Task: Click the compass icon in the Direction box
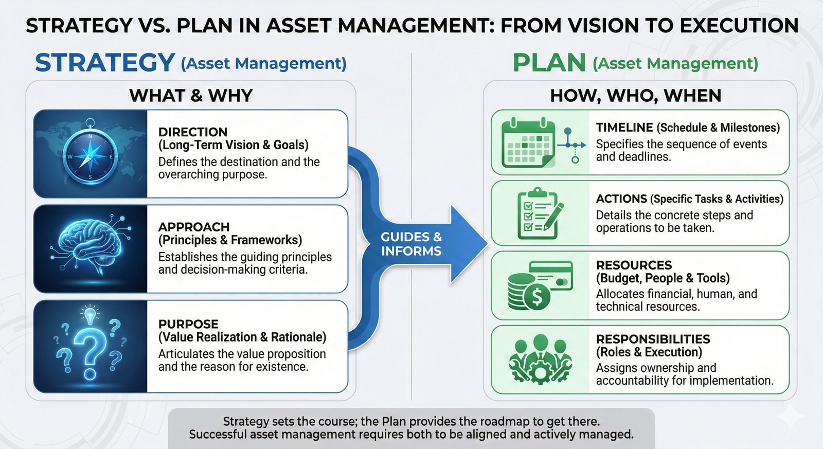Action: (91, 155)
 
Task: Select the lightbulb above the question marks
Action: (91, 313)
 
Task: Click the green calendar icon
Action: (528, 143)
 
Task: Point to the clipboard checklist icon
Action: (539, 214)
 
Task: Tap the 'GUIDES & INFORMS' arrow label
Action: (411, 244)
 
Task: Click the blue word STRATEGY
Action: (105, 63)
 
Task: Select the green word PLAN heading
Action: (549, 63)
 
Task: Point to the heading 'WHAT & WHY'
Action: (191, 96)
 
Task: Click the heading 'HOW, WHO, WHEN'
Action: (636, 96)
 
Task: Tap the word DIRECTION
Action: (193, 132)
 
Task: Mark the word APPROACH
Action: (194, 227)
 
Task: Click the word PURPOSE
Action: (188, 324)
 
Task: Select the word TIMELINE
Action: (624, 128)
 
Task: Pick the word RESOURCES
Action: (634, 265)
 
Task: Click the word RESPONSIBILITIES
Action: (653, 339)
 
